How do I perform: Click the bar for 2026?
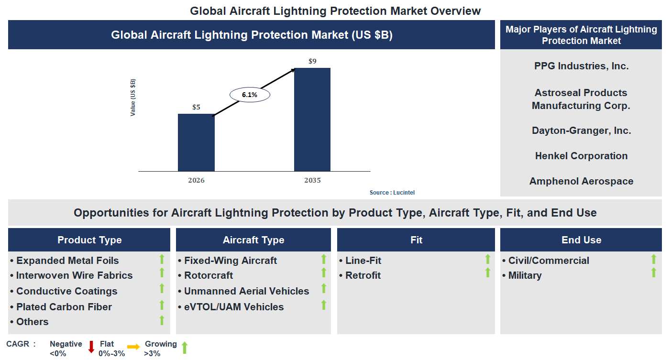[196, 142]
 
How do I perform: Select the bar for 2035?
[312, 120]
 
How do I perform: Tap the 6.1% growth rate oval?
[250, 95]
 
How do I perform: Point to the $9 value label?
[312, 61]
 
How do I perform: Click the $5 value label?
[196, 107]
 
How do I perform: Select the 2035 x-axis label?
[312, 181]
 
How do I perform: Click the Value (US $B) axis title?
[133, 97]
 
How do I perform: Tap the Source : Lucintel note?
[392, 193]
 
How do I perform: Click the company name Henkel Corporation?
[581, 156]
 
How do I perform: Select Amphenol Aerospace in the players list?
[581, 181]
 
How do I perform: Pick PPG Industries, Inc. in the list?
[581, 66]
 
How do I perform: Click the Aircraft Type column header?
[253, 240]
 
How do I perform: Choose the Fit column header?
[416, 240]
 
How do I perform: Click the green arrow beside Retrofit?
[488, 273]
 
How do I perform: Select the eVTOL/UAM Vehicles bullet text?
[234, 307]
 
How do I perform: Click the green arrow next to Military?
[653, 273]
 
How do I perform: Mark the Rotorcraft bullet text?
[209, 275]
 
